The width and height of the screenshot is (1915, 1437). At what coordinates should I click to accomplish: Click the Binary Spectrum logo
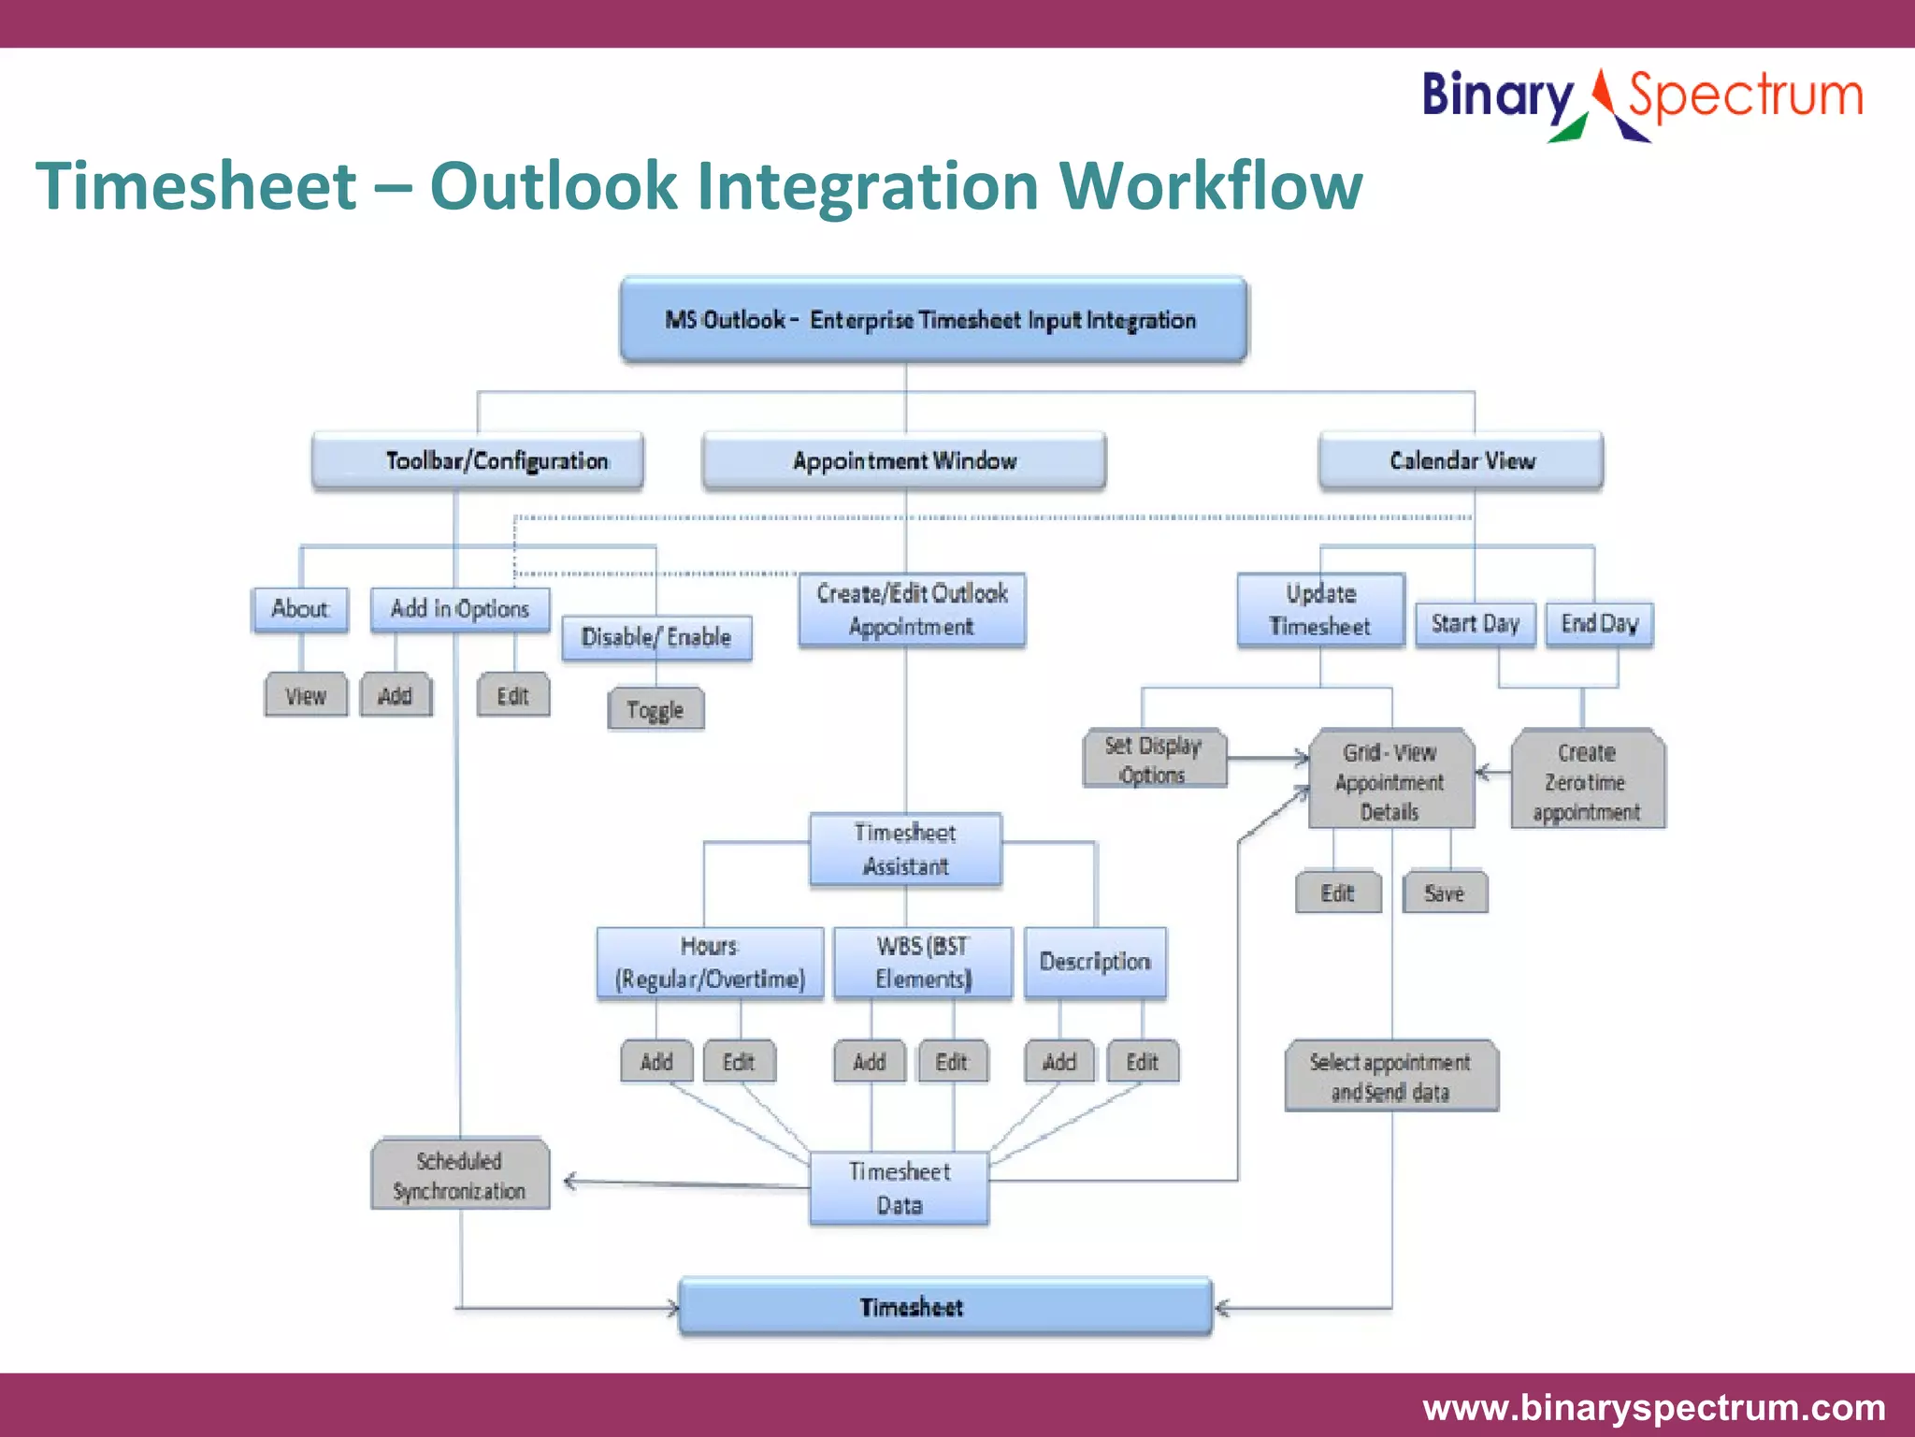coord(1641,101)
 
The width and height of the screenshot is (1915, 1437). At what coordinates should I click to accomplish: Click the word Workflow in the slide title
coord(1210,185)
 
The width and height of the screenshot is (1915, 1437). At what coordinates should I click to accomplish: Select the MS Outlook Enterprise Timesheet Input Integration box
coord(932,320)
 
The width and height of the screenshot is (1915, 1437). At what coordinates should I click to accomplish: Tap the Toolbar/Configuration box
coord(478,460)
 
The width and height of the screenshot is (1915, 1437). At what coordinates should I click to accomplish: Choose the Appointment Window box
coord(904,460)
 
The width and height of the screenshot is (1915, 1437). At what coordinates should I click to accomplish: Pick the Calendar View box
coord(1461,460)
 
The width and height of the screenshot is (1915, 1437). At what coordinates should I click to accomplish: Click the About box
coord(300,609)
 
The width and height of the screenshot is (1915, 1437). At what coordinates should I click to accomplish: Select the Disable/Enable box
coord(656,638)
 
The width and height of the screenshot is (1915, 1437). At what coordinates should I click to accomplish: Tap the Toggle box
coord(655,710)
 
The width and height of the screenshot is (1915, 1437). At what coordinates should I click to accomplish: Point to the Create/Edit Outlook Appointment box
coord(912,610)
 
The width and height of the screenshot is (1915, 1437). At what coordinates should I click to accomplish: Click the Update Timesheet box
coord(1320,610)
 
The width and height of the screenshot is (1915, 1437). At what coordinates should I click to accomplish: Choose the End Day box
coord(1599,624)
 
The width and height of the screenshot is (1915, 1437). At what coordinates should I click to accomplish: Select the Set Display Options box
coord(1154,760)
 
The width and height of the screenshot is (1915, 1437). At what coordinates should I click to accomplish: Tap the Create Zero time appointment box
coord(1587,781)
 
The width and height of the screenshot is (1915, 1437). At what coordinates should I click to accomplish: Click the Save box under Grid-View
coord(1444,893)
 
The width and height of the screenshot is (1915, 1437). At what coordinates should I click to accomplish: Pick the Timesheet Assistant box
coord(905,849)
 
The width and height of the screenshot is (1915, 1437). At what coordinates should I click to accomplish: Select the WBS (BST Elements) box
coord(922,963)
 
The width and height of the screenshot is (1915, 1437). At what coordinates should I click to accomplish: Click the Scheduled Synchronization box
coord(459,1175)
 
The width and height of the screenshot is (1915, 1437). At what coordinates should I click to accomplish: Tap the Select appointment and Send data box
coord(1390,1076)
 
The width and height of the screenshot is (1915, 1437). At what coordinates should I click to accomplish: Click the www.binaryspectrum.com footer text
coord(1653,1407)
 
